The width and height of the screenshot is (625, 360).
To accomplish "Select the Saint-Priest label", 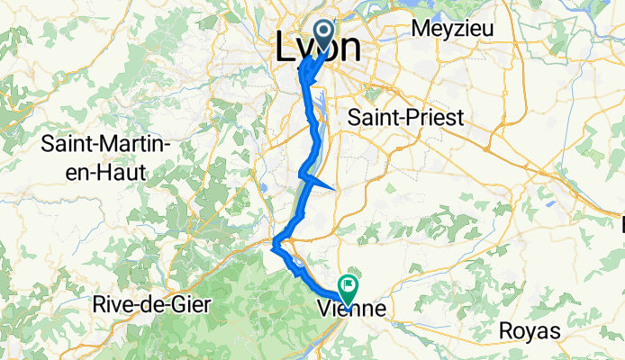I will pyautogui.click(x=405, y=118).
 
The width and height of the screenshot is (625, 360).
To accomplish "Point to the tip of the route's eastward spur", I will pyautogui.click(x=335, y=188).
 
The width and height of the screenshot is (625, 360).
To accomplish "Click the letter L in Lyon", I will pyautogui.click(x=281, y=49).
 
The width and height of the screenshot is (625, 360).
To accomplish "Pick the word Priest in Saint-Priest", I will pyautogui.click(x=430, y=118).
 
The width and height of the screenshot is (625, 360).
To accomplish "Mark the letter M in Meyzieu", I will pyautogui.click(x=419, y=28).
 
